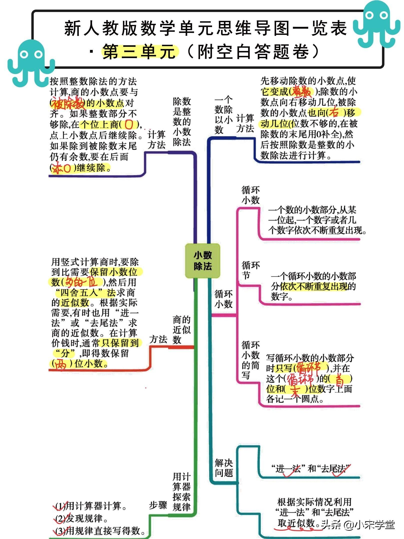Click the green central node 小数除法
point(202,261)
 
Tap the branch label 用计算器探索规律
point(181,492)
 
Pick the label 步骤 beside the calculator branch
point(158,505)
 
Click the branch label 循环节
point(250,270)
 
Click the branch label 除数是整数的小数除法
point(182,122)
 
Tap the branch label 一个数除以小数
point(223,115)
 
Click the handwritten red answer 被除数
point(68,103)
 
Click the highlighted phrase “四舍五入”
point(79,292)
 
